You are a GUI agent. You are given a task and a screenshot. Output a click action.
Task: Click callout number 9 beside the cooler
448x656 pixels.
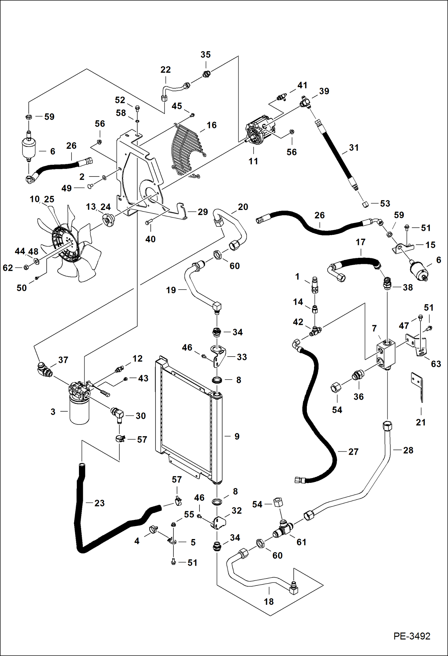(x=237, y=436)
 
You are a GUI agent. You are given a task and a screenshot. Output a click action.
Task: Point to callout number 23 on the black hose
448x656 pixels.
(x=99, y=503)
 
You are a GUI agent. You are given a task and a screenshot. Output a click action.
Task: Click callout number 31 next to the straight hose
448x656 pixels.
(x=354, y=147)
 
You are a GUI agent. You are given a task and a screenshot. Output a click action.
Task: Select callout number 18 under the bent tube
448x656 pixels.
(x=269, y=602)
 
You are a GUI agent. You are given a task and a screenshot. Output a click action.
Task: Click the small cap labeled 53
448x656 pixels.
(x=365, y=205)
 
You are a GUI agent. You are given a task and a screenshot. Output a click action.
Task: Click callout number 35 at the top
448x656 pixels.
(x=205, y=54)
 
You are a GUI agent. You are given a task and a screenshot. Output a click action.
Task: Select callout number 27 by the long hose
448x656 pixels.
(x=353, y=451)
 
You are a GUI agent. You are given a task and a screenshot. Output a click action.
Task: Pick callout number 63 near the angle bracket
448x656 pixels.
(x=436, y=364)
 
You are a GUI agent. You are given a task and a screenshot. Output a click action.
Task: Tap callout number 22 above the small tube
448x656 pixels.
(x=165, y=70)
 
